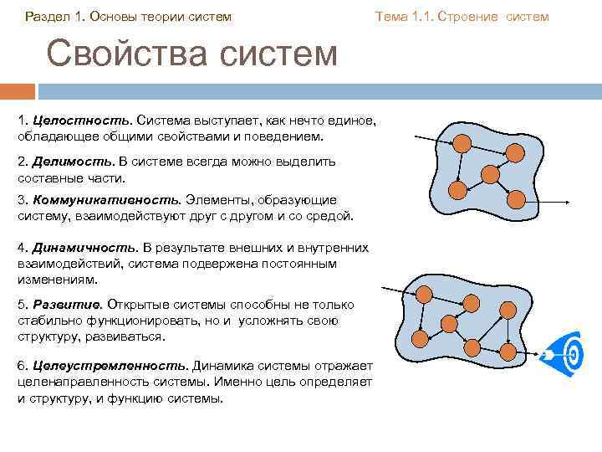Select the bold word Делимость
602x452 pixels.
[65, 162]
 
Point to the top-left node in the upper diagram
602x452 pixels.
[461, 144]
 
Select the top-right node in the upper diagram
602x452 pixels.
[516, 152]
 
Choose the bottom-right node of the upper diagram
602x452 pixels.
[516, 198]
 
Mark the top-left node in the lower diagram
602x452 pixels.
[425, 294]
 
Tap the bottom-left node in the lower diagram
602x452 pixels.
[420, 338]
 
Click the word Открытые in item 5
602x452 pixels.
[138, 306]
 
